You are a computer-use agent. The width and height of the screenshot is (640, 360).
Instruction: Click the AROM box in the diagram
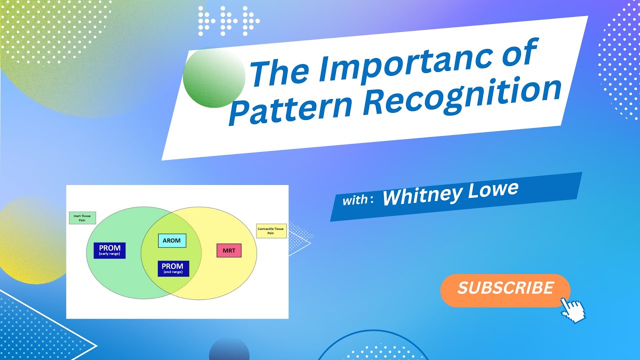(x=171, y=241)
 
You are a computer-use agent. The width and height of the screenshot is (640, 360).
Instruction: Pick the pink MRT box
(x=229, y=250)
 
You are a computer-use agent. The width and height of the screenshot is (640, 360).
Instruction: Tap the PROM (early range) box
(x=109, y=250)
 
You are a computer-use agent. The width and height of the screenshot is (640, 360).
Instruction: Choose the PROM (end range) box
(x=173, y=268)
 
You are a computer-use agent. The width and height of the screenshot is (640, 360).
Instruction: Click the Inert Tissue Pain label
(x=82, y=218)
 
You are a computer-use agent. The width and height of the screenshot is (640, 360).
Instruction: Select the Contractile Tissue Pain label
(x=271, y=231)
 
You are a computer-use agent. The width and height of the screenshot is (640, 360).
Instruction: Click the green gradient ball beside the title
(x=214, y=78)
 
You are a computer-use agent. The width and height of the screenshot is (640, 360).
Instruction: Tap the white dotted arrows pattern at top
(x=228, y=21)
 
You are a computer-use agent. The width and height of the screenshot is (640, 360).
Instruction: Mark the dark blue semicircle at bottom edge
(x=229, y=350)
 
